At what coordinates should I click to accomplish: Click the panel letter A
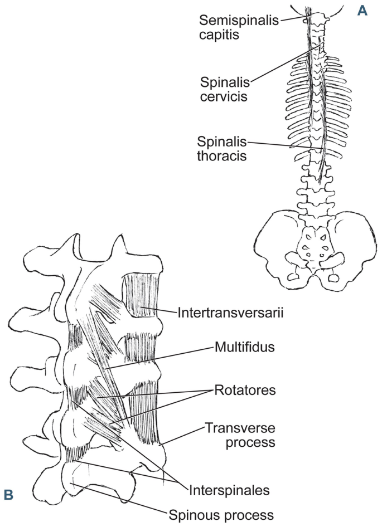click(362, 10)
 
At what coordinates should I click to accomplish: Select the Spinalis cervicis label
click(224, 89)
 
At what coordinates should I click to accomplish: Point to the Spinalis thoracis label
click(221, 148)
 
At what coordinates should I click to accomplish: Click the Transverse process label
click(240, 435)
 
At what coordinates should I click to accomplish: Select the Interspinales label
click(229, 490)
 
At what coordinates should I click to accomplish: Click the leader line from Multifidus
click(162, 359)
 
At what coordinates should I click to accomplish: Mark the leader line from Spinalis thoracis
click(284, 144)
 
